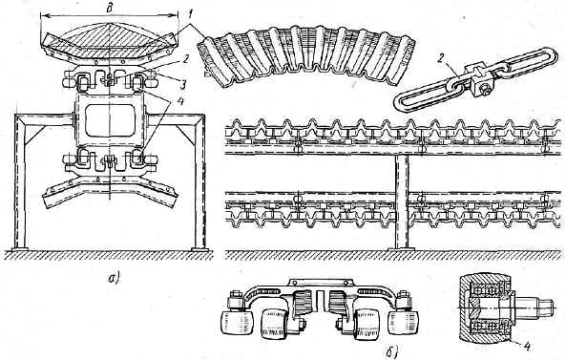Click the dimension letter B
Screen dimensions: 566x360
coord(109,9)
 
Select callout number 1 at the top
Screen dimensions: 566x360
coord(192,16)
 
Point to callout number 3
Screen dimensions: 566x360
coord(183,85)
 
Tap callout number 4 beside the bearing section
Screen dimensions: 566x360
coord(527,347)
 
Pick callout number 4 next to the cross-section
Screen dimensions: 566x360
coord(179,101)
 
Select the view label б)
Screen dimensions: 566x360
coord(392,350)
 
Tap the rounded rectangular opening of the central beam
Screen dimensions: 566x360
coord(110,120)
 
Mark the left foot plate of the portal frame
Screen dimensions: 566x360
coord(20,249)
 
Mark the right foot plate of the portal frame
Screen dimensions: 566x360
coord(199,249)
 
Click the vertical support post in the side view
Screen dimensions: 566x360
coord(402,201)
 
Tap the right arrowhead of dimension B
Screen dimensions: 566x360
coord(175,15)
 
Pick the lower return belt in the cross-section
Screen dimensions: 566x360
coord(110,191)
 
